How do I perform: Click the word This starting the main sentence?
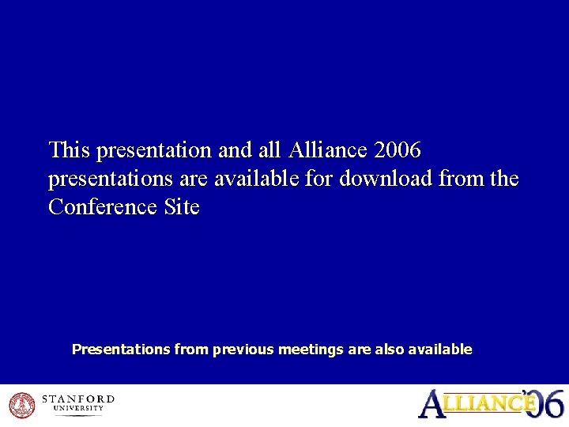click(70, 149)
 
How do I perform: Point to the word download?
click(386, 179)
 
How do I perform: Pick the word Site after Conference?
click(182, 208)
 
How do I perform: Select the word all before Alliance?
click(271, 149)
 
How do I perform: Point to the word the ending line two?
click(504, 179)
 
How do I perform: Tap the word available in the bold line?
click(440, 349)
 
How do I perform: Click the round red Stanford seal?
click(22, 406)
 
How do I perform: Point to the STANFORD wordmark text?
click(77, 399)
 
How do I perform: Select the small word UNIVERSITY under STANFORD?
click(77, 409)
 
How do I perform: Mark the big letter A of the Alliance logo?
click(431, 403)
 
